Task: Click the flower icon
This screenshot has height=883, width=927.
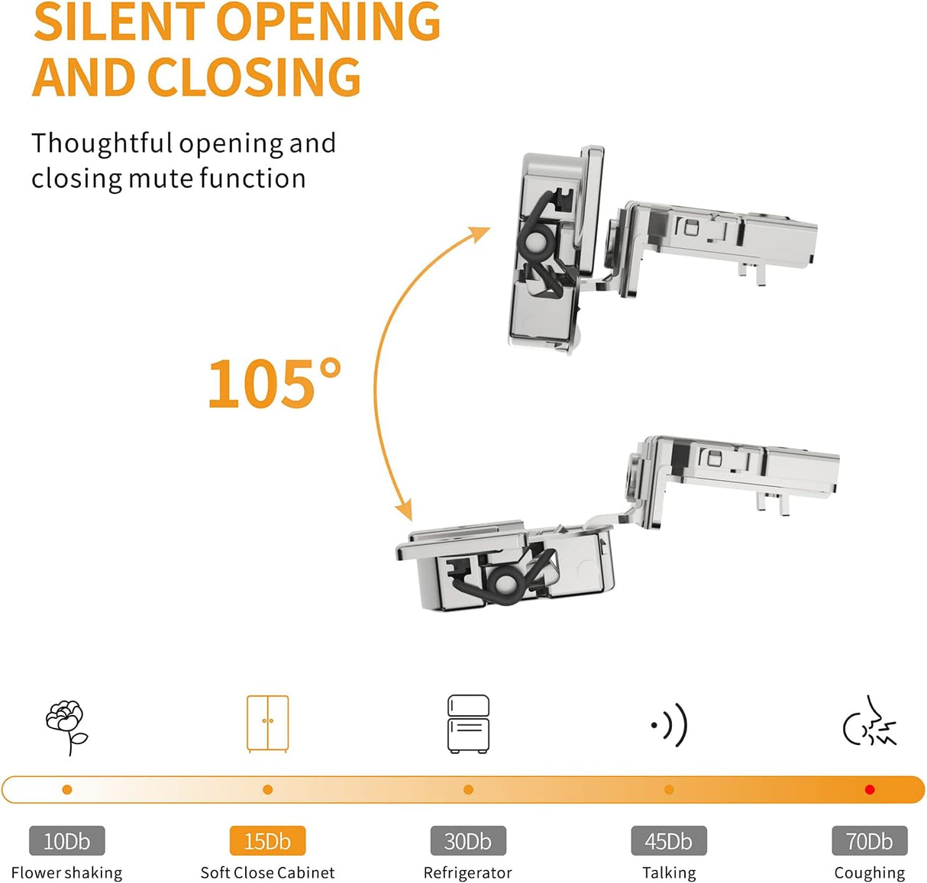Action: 66,726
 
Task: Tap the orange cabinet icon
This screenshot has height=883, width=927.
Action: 267,723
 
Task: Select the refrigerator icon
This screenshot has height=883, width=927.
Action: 468,723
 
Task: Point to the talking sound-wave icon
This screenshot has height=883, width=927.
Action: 670,724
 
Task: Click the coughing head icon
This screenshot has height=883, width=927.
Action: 869,722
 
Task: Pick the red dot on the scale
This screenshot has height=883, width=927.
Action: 869,790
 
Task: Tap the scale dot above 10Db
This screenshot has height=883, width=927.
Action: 67,790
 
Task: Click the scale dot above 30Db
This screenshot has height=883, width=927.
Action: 468,790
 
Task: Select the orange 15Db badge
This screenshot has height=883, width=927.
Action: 267,841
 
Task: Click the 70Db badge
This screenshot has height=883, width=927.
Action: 869,841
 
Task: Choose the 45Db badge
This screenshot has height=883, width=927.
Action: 669,841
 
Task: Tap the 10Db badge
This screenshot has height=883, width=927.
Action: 66,841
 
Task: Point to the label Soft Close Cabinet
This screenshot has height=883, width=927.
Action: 267,872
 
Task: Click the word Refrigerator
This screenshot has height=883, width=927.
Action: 468,872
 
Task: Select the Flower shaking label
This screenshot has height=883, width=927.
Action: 66,872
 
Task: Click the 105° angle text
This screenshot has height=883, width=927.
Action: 273,384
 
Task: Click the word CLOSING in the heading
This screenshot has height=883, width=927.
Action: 254,77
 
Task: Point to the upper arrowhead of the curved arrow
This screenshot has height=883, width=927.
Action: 482,232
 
